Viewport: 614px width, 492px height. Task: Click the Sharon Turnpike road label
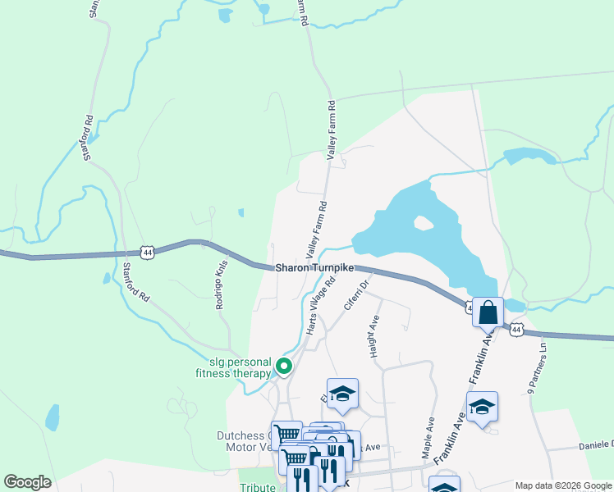(x=314, y=267)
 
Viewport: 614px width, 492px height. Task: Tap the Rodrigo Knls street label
(x=220, y=285)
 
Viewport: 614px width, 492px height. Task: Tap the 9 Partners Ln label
(x=536, y=369)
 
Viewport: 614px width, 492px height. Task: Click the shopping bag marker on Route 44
(x=488, y=312)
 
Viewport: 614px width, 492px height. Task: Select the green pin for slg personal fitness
(x=284, y=367)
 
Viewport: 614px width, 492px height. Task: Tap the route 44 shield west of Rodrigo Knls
(x=147, y=253)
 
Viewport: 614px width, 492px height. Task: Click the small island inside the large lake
(x=423, y=223)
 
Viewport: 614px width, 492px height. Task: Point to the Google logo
(x=27, y=482)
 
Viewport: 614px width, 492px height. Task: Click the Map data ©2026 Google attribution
(x=562, y=485)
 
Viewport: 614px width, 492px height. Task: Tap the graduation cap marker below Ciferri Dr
(x=342, y=393)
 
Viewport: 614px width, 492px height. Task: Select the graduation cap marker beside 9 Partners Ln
(x=481, y=406)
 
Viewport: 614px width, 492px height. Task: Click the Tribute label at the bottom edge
(x=257, y=487)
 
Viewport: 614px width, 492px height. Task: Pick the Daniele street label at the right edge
(x=593, y=444)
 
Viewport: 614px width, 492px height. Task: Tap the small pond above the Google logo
(x=53, y=417)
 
